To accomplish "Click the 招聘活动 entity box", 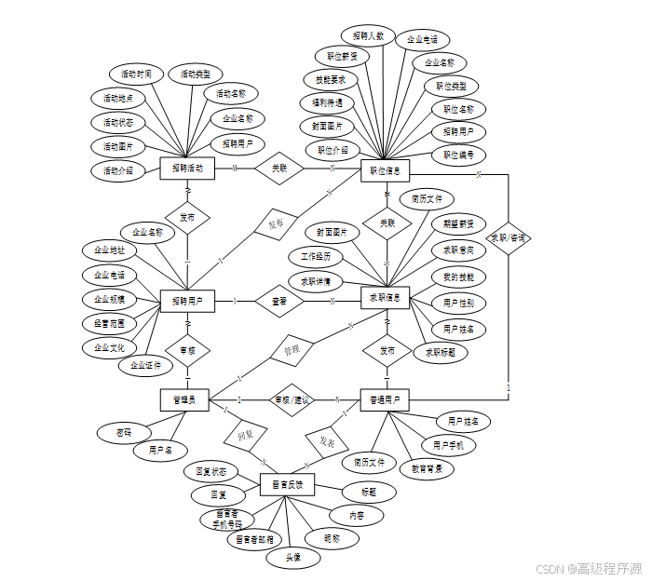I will [187, 169].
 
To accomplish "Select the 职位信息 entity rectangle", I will [386, 170].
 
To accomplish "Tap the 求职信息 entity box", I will [386, 297].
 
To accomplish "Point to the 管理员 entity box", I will [183, 399].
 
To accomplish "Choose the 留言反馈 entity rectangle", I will [287, 484].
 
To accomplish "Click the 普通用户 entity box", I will [386, 400].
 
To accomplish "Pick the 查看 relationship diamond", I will [279, 301].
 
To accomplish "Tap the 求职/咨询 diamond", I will [509, 237].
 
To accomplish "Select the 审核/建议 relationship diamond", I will [292, 399].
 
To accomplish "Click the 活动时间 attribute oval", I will [137, 74].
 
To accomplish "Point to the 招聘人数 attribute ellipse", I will [369, 35].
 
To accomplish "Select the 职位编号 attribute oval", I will [458, 155].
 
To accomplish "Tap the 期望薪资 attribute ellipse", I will [458, 223].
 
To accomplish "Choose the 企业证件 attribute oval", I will [145, 365].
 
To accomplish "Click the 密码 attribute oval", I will [124, 433].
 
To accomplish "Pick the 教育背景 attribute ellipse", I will [427, 469].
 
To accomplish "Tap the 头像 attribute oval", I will [292, 558].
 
